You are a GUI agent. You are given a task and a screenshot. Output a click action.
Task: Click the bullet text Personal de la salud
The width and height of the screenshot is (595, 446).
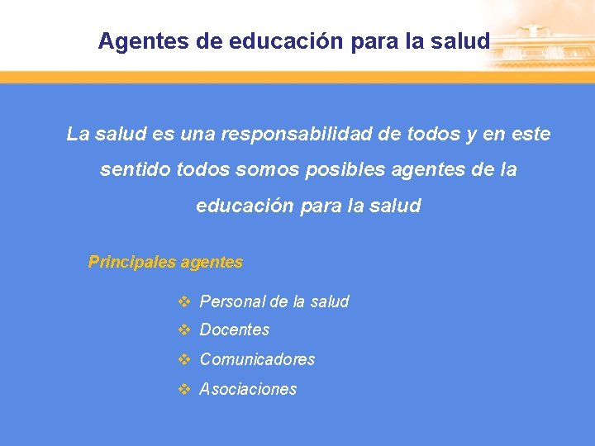point(274,301)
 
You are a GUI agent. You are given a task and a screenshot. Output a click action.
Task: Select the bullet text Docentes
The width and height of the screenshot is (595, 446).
point(235,330)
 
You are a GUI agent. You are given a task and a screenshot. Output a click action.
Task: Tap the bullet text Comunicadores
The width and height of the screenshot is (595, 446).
point(257,359)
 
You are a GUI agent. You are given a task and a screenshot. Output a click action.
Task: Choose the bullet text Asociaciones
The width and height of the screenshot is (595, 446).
point(248,389)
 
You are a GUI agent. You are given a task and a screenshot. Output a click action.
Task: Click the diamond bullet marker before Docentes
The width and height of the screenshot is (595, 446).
point(184,330)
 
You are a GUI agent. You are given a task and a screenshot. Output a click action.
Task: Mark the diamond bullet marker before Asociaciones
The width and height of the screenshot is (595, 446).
point(184,389)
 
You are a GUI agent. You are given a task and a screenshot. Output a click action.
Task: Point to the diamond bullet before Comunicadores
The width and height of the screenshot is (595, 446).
point(184,359)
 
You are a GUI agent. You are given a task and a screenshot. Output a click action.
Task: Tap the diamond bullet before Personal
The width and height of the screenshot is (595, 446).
point(184,301)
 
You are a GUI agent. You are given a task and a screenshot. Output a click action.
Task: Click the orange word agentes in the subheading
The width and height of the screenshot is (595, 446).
point(212,263)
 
